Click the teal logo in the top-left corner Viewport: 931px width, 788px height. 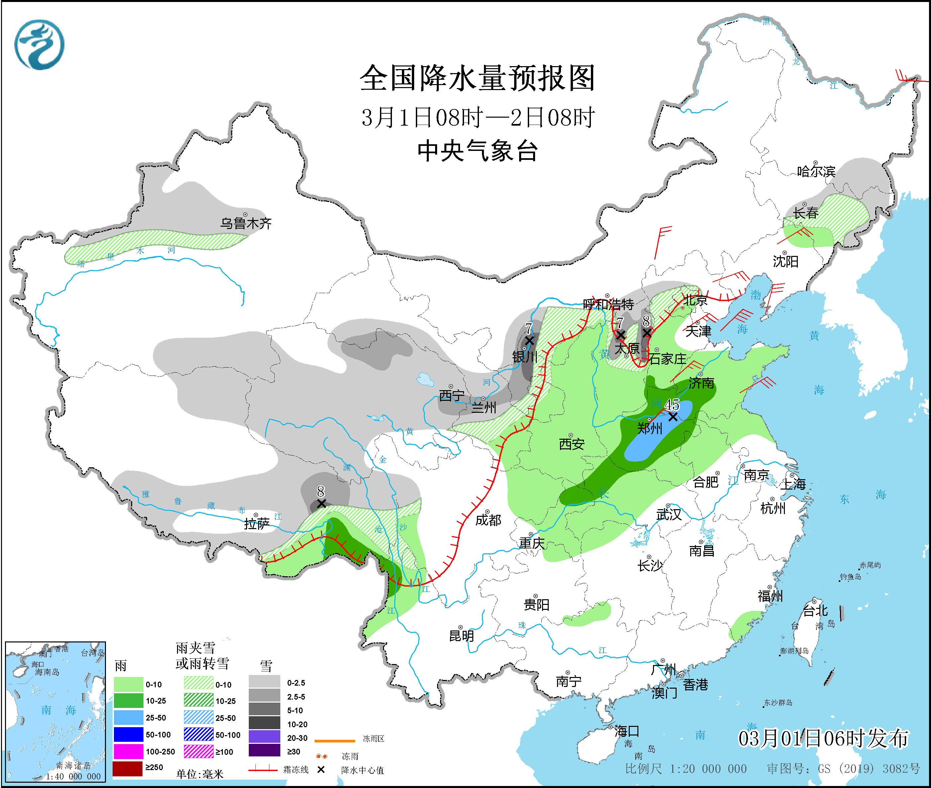(39, 45)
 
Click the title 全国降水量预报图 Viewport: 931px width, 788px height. (477, 78)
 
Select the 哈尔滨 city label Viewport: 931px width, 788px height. (816, 171)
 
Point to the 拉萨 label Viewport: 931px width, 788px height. (256, 524)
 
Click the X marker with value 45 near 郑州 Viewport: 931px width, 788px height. (673, 416)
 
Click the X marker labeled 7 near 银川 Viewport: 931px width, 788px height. (529, 340)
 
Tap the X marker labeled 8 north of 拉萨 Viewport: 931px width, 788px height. (321, 504)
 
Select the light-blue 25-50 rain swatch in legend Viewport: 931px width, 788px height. (128, 718)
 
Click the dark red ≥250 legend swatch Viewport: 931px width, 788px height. (128, 767)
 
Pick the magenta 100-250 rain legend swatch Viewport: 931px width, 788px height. (128, 751)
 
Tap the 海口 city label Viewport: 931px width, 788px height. (627, 731)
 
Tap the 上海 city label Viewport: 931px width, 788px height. (793, 484)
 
